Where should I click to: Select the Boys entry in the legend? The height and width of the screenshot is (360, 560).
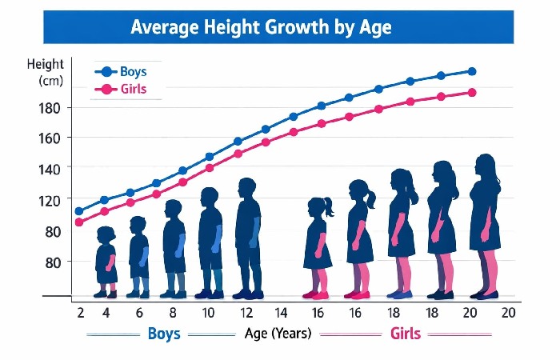[133, 71]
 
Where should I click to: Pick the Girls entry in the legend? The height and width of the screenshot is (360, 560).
[133, 89]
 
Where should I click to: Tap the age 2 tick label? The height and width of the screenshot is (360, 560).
[80, 313]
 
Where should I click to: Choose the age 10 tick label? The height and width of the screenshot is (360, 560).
[208, 313]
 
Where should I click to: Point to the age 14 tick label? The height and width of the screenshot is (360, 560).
[281, 313]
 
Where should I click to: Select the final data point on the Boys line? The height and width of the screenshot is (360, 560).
[471, 71]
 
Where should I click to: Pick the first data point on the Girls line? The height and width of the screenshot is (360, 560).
[79, 222]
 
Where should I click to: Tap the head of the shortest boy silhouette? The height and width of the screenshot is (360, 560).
[106, 234]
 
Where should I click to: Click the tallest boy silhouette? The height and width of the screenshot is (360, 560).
[248, 236]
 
